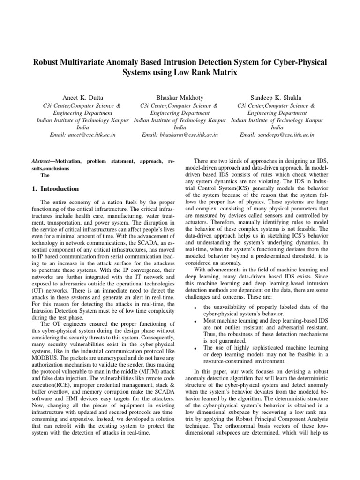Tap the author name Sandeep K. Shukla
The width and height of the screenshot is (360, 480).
(x=277, y=97)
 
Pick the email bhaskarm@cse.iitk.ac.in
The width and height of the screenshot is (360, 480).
(x=180, y=135)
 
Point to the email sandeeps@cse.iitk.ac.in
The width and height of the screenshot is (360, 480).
(x=277, y=135)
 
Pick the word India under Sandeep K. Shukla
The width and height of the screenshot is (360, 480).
(x=277, y=127)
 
